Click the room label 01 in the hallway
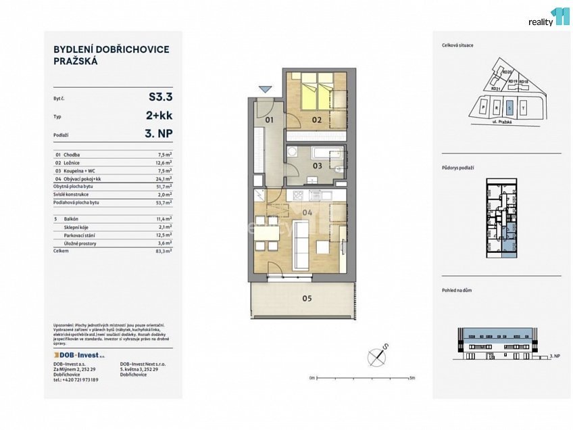click(x=268, y=120)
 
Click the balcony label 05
click(x=307, y=298)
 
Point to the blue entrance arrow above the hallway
click(x=265, y=89)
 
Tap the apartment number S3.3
click(x=160, y=97)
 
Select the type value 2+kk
click(x=159, y=116)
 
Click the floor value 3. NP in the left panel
click(x=159, y=135)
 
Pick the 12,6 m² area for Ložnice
click(x=164, y=162)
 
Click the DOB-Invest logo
click(x=79, y=355)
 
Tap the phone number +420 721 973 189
click(x=76, y=380)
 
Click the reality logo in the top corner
click(x=548, y=18)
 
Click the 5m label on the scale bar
click(x=412, y=379)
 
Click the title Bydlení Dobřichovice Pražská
click(x=111, y=55)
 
